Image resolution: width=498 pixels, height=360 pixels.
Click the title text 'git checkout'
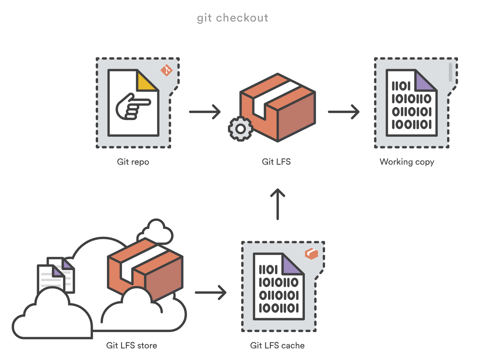(x=232, y=18)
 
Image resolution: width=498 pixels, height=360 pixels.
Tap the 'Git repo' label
(x=133, y=162)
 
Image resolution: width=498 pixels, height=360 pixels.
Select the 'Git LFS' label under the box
(x=276, y=162)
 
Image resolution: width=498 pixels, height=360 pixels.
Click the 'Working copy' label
(x=407, y=162)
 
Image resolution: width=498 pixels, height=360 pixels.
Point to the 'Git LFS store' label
(x=131, y=345)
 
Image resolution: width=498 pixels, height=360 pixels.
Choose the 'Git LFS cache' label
(x=277, y=345)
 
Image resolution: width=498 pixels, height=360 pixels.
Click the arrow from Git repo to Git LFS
(x=205, y=112)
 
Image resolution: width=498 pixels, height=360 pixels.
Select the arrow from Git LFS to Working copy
(x=343, y=112)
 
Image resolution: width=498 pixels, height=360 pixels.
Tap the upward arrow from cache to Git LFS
(x=277, y=204)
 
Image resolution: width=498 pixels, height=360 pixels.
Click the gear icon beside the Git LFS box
(x=240, y=129)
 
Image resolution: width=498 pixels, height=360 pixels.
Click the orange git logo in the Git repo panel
(x=166, y=70)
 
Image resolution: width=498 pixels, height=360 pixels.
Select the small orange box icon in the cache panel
(x=311, y=254)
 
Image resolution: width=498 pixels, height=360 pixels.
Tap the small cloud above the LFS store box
(x=156, y=231)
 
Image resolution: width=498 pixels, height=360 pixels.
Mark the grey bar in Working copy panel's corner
(x=450, y=72)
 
